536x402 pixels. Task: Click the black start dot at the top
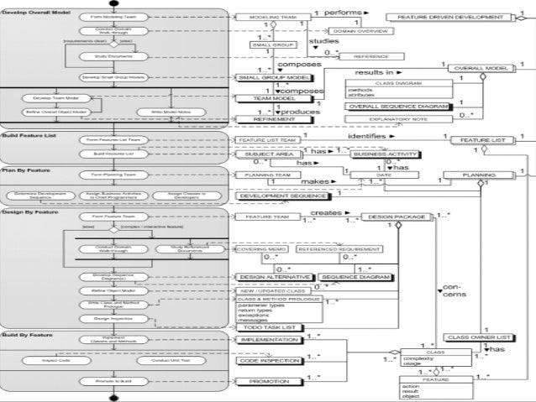(x=113, y=3)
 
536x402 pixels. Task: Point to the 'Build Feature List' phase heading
(x=29, y=134)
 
